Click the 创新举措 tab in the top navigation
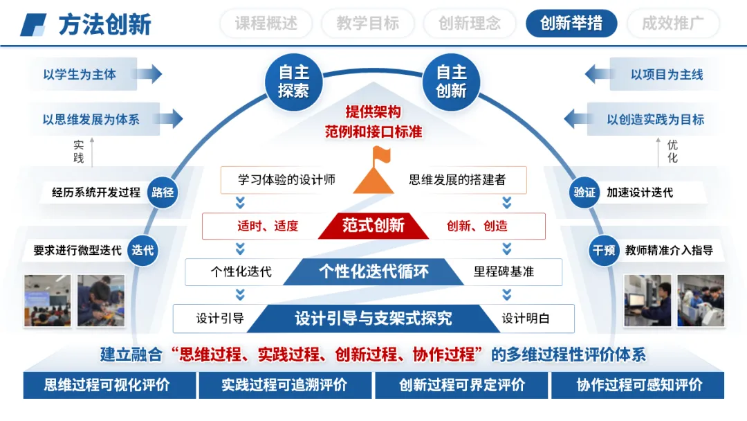[x=571, y=24]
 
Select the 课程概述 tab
[x=266, y=24]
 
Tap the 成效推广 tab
[x=672, y=24]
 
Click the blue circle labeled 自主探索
[x=294, y=82]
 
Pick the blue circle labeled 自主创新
[x=452, y=82]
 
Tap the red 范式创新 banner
[x=373, y=226]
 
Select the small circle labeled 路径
[x=163, y=192]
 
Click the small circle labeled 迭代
[x=143, y=250]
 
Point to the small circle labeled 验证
[x=584, y=192]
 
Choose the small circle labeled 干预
[x=603, y=250]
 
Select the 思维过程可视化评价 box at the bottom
[x=107, y=385]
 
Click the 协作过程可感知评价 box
[x=639, y=385]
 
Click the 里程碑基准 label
[x=504, y=272]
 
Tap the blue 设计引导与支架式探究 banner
[x=373, y=319]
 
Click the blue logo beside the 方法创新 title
[x=33, y=25]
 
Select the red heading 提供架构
[x=373, y=112]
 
